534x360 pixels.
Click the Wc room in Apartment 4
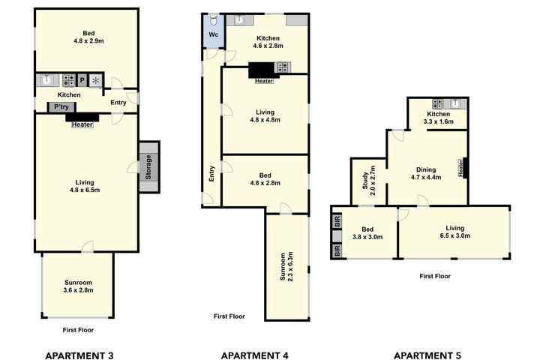coord(213,34)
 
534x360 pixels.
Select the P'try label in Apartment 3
coord(60,107)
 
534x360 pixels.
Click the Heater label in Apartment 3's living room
coord(82,125)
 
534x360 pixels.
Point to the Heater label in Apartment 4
coord(264,81)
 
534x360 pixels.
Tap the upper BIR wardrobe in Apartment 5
coord(337,221)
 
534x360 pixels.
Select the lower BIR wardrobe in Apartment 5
coord(337,250)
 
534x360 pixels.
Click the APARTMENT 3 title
coord(79,355)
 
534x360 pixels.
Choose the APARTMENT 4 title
coord(255,355)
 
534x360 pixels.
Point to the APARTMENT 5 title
coord(428,355)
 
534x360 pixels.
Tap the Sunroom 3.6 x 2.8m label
coord(79,286)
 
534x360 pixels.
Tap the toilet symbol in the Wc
coord(214,19)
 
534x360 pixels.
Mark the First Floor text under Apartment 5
coord(435,276)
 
